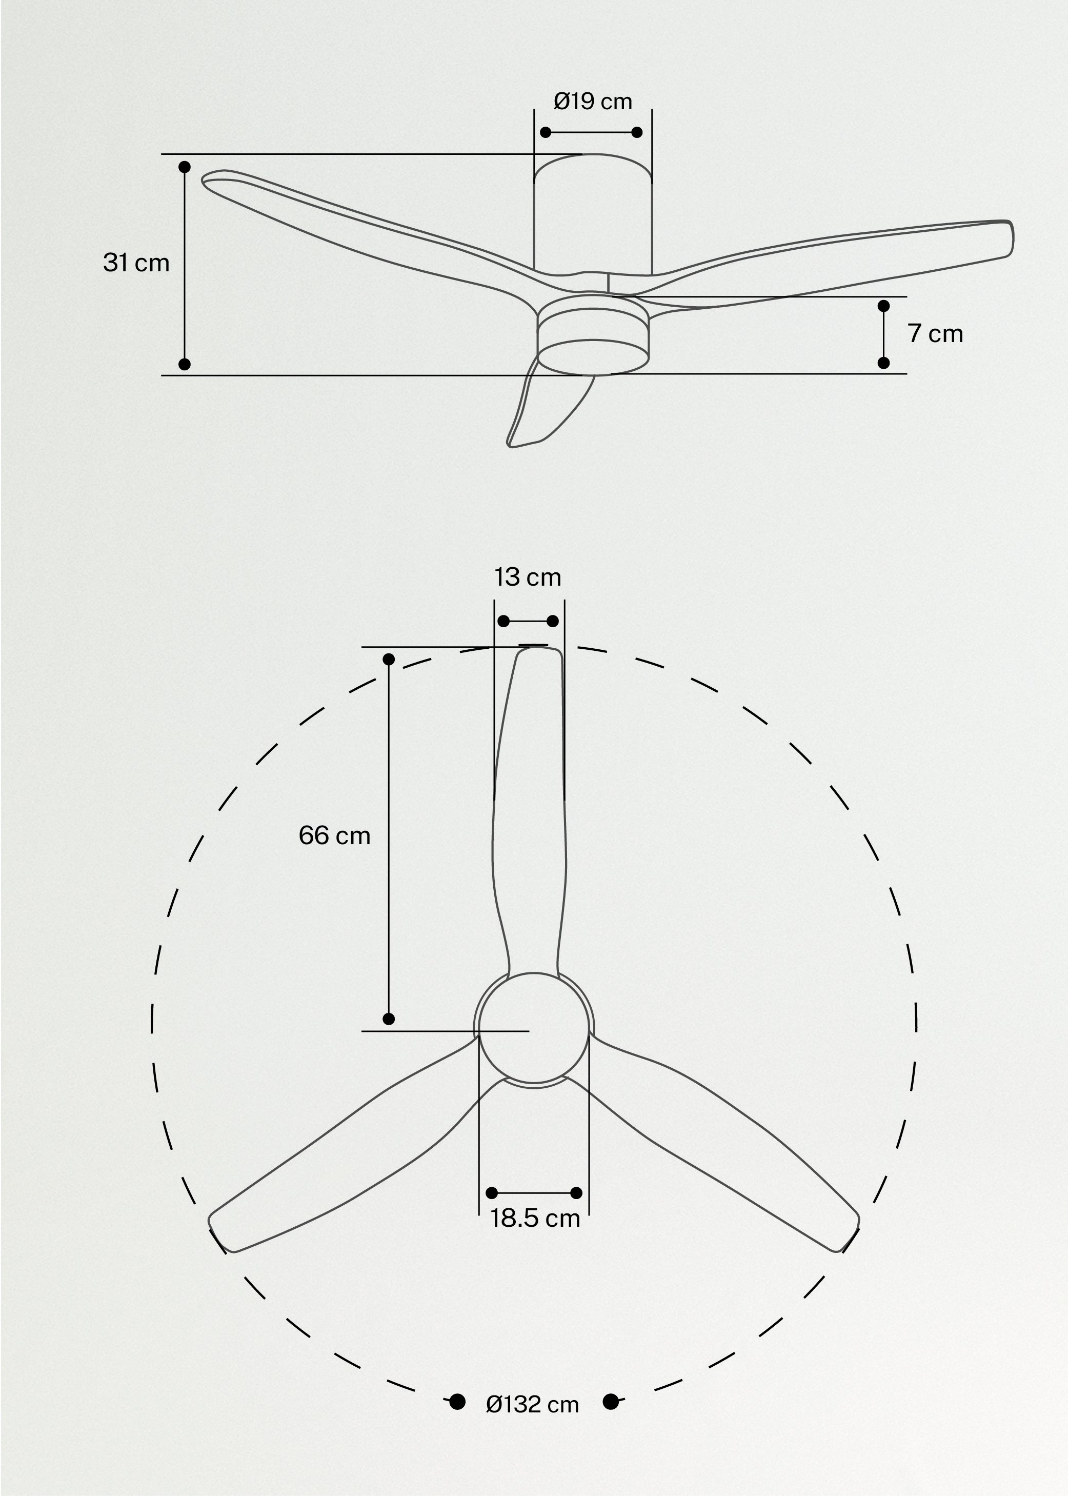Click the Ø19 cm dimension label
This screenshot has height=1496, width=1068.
593,102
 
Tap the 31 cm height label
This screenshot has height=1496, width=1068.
136,263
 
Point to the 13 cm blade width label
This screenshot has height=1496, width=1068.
528,577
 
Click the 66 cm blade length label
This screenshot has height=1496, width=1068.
334,835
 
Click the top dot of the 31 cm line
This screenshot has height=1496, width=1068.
185,167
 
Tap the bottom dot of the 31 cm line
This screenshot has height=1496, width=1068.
185,364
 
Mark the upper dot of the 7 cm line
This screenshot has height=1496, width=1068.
884,306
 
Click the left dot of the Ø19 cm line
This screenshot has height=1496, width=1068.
545,132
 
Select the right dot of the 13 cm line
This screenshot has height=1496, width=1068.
553,621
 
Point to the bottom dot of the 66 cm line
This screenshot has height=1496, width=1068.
389,1019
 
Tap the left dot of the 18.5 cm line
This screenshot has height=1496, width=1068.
491,1193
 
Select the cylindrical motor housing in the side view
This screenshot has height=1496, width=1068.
593,217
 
